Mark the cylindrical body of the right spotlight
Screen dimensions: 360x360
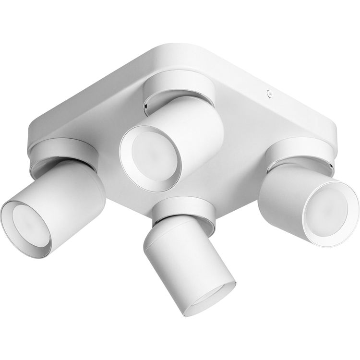(x=283, y=192)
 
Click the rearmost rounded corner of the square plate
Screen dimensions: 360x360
(x=158, y=48)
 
